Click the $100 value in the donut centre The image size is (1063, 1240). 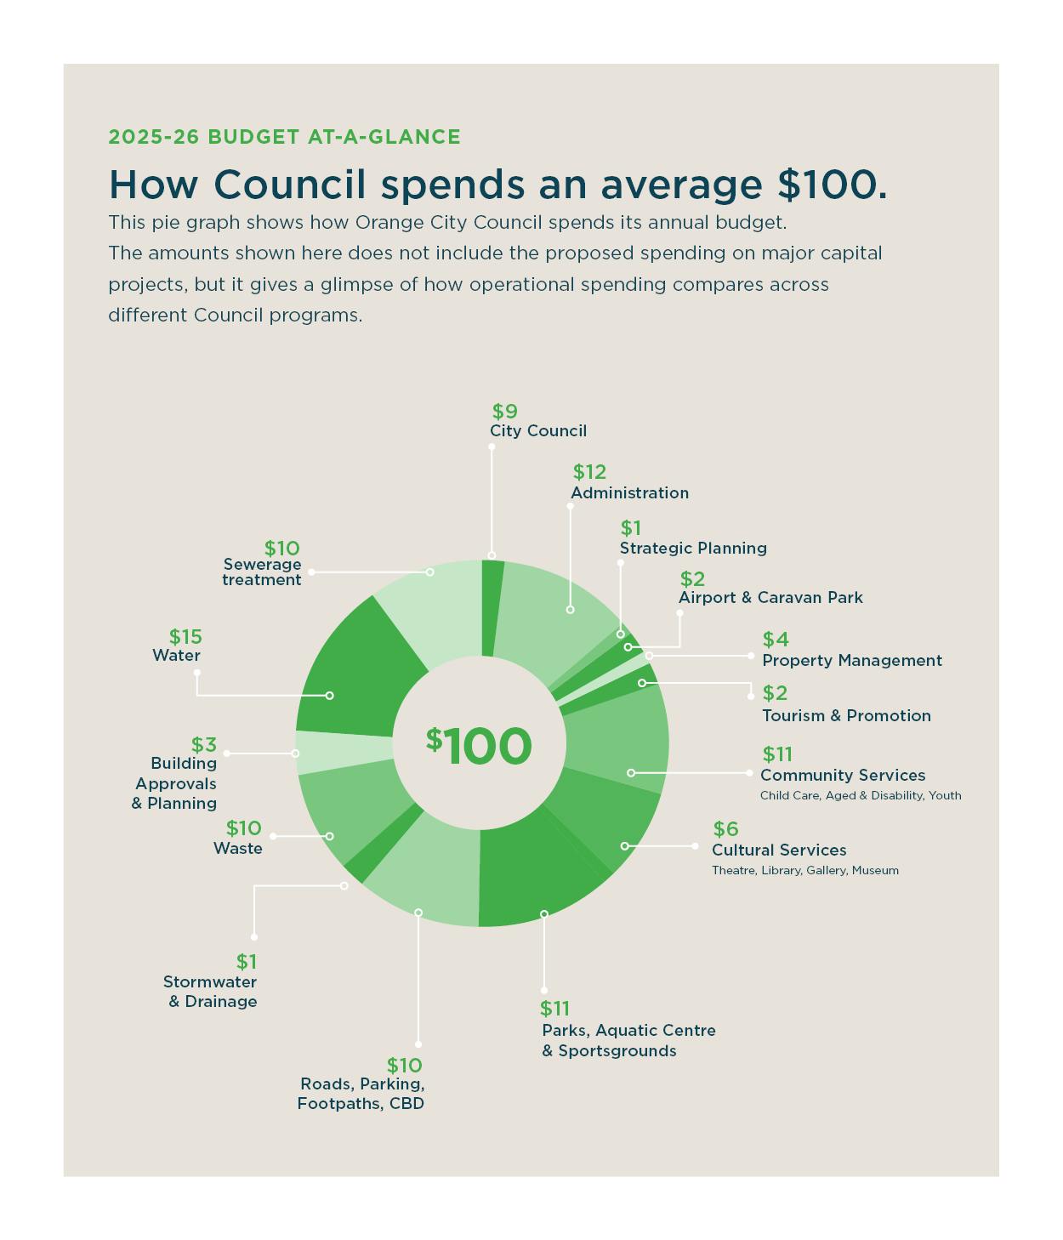click(x=480, y=746)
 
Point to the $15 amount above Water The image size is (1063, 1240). click(x=185, y=637)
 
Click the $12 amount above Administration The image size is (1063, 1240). click(x=589, y=472)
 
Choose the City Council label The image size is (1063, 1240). click(x=538, y=431)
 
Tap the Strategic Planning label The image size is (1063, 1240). click(x=693, y=549)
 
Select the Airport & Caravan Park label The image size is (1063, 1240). click(x=770, y=598)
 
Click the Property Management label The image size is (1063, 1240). click(x=852, y=661)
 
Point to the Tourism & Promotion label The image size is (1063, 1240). click(x=846, y=716)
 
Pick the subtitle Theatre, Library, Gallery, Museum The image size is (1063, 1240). click(x=804, y=871)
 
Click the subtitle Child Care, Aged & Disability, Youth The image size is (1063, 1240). click(x=861, y=796)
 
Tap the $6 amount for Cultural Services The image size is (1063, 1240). click(x=725, y=829)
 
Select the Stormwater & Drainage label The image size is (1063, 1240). click(x=211, y=992)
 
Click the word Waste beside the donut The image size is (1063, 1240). click(x=238, y=849)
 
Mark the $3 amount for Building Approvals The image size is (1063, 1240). click(x=204, y=745)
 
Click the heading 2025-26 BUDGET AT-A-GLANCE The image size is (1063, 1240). click(x=284, y=137)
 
